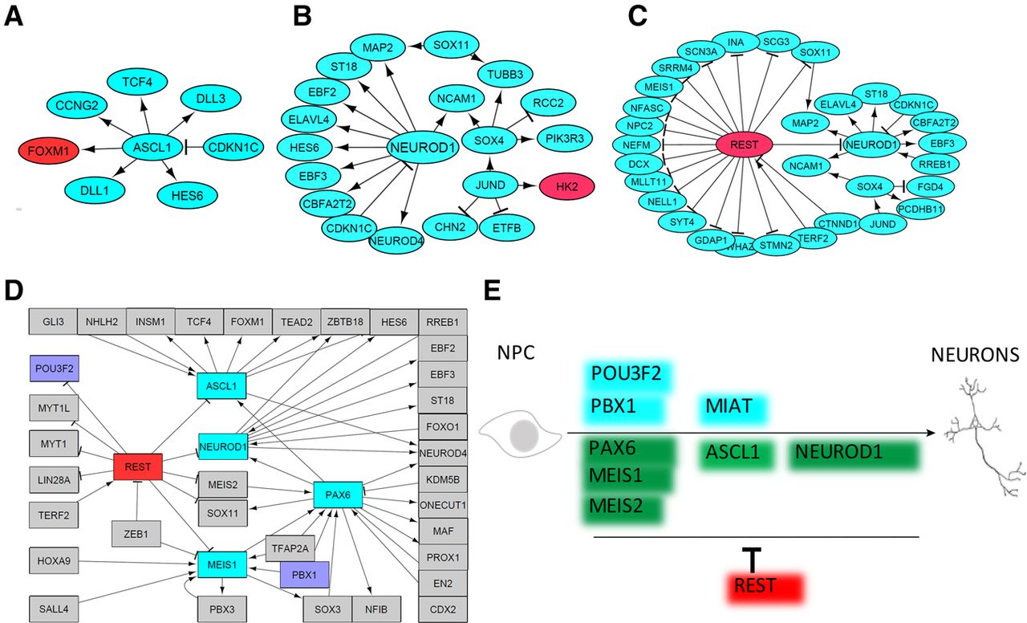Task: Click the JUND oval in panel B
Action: pyautogui.click(x=490, y=185)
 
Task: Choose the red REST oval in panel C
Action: pyautogui.click(x=744, y=145)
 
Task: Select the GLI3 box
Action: pyautogui.click(x=53, y=321)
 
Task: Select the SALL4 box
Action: pyautogui.click(x=53, y=609)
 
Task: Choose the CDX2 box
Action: pyautogui.click(x=443, y=609)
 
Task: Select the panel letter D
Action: pyautogui.click(x=14, y=290)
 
